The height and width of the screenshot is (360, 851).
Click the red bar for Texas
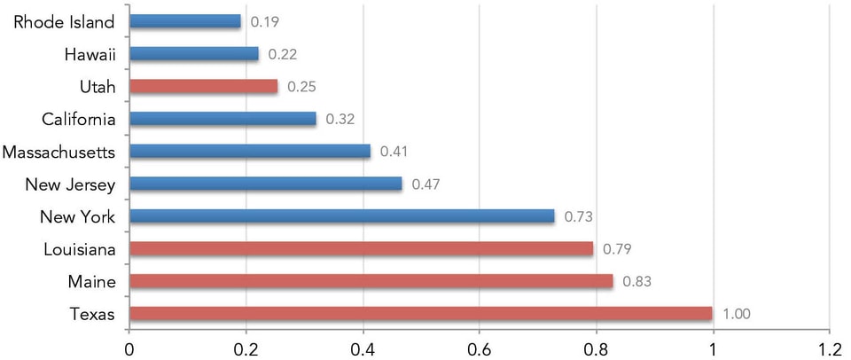(x=420, y=314)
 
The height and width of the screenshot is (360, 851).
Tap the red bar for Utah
(x=203, y=87)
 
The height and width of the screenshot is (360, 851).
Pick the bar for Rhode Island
(x=184, y=21)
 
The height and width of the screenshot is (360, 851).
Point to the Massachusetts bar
(x=249, y=152)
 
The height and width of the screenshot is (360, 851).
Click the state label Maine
(x=93, y=281)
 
